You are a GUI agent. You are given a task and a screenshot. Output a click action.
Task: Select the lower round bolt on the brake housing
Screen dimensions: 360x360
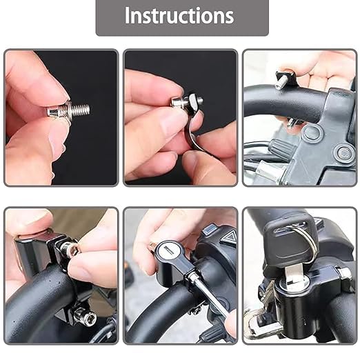(343, 153)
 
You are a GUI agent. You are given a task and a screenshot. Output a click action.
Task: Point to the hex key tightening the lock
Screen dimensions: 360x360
(207, 297)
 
